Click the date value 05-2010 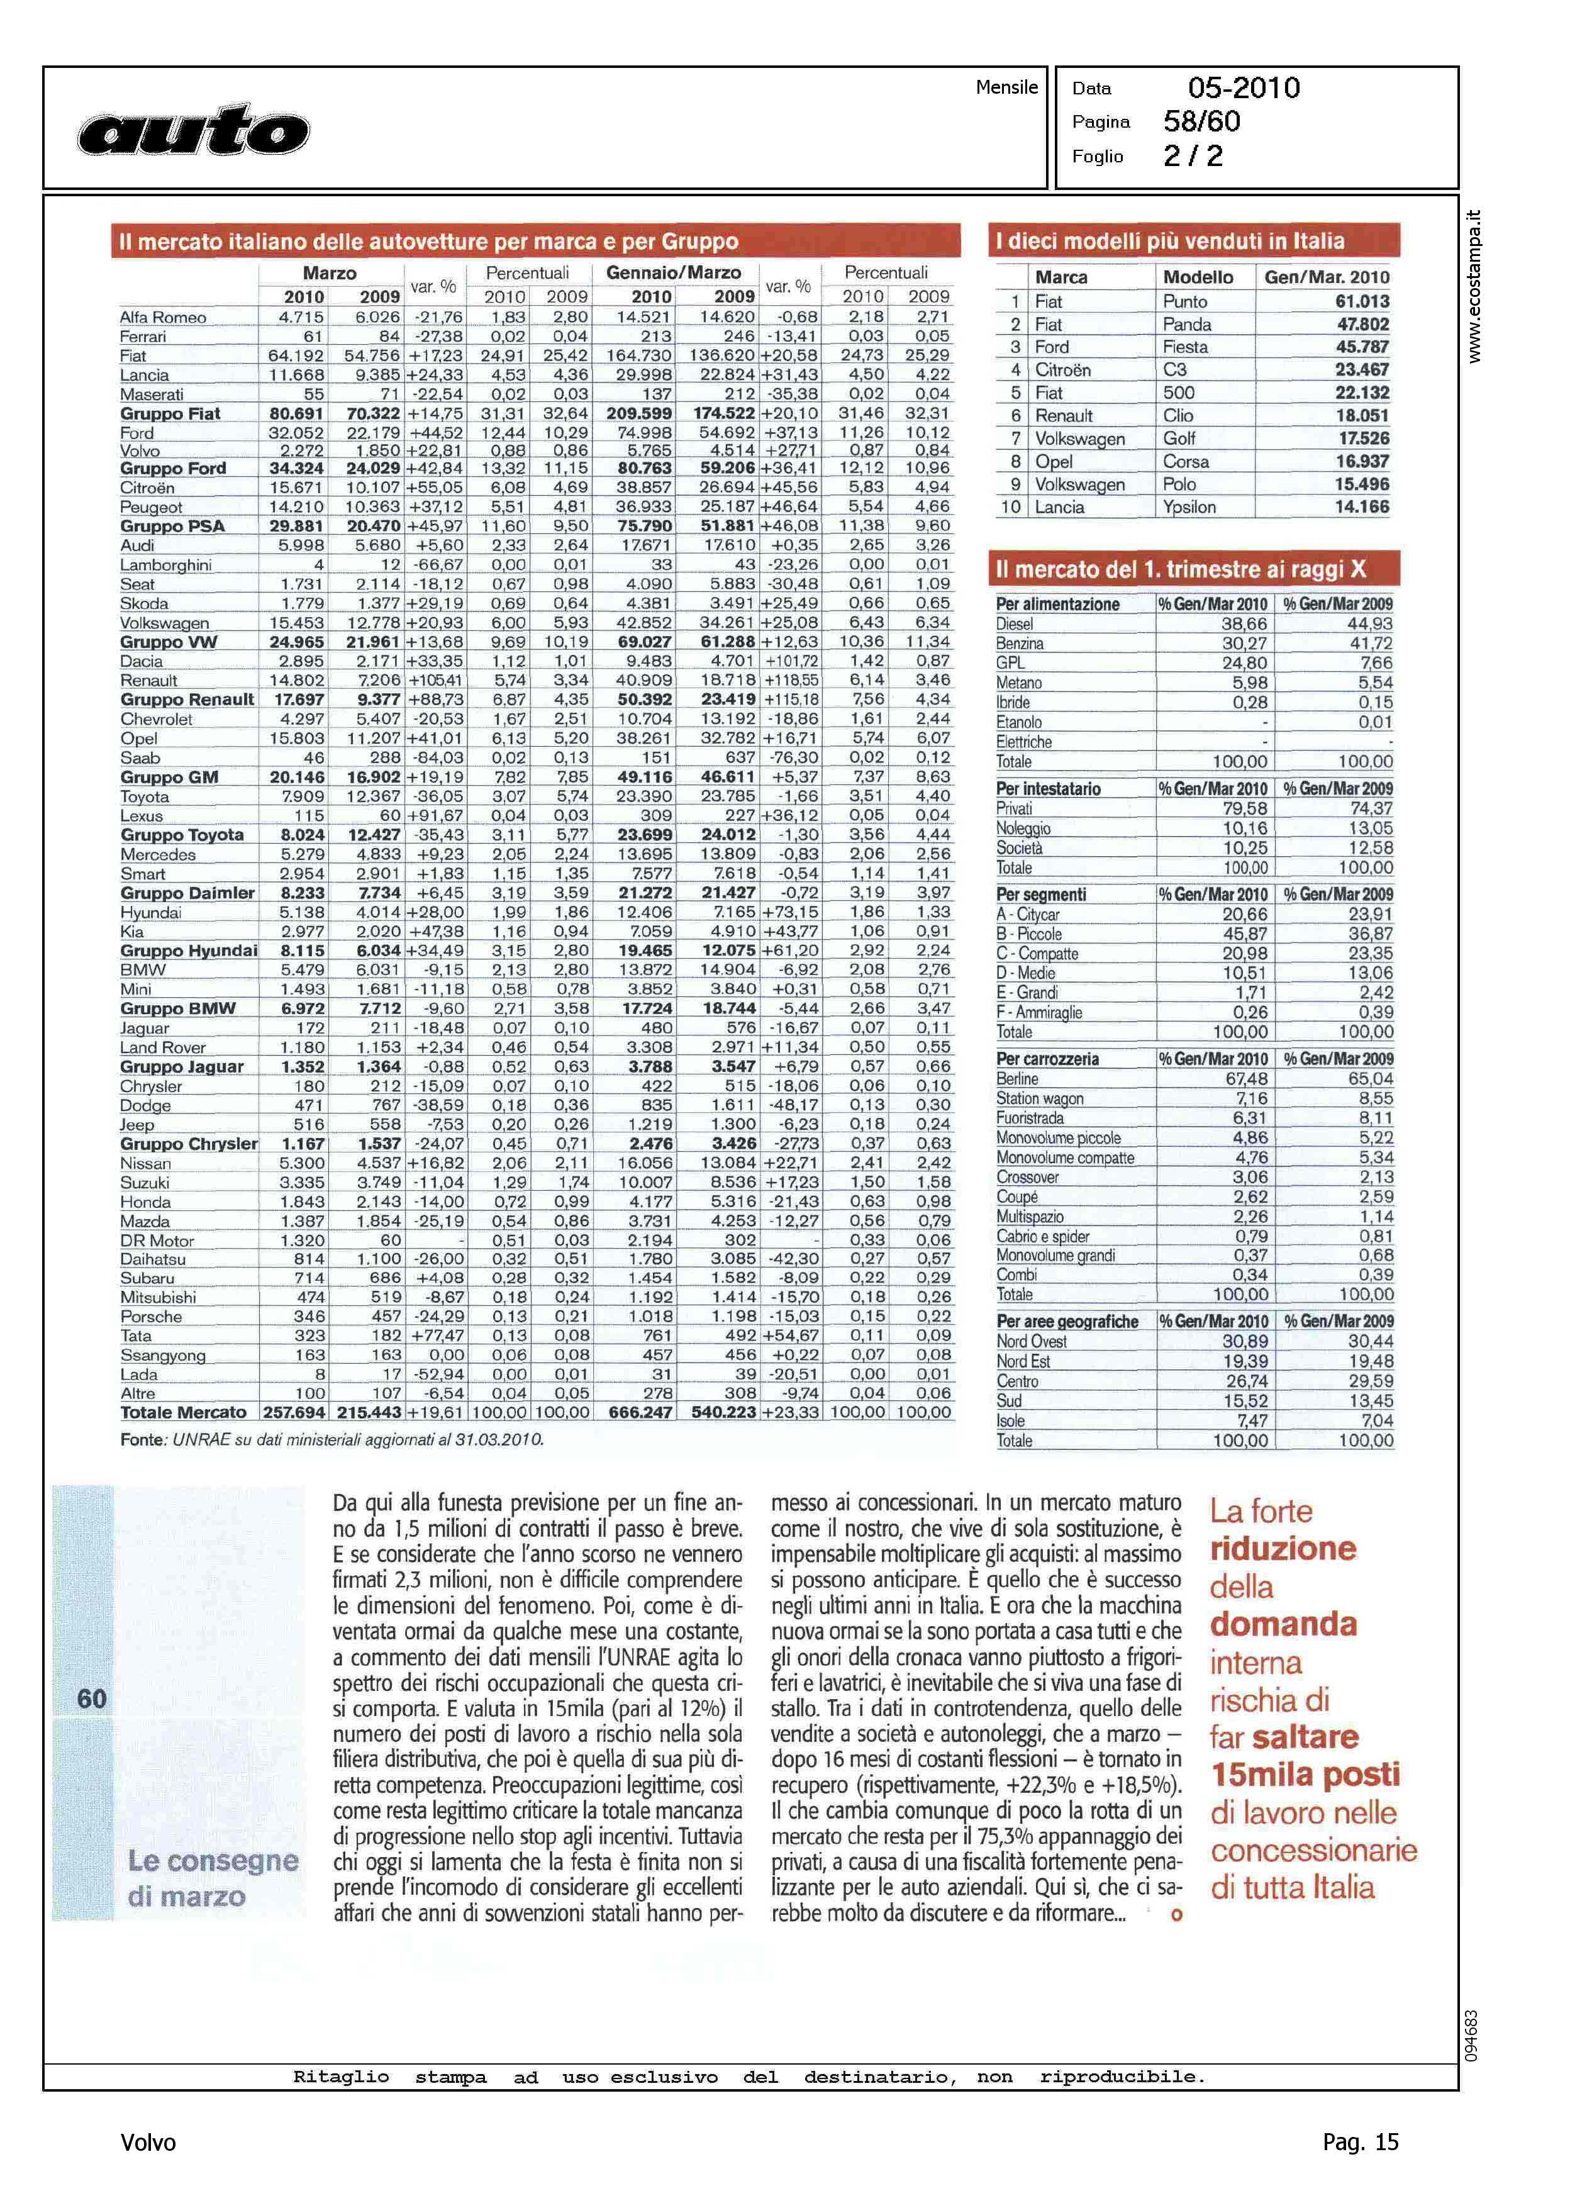1244,88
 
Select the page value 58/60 1201,122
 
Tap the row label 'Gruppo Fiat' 170,414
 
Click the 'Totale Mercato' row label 182,1412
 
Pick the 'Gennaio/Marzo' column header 673,272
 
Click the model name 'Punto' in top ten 1185,301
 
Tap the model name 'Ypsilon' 1189,508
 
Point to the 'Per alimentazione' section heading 1057,604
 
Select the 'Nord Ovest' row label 1032,1342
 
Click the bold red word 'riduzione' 1283,1549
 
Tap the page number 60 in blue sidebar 92,1698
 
